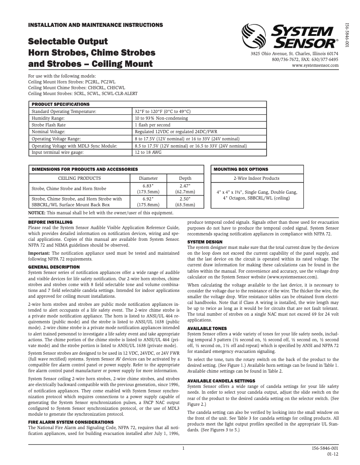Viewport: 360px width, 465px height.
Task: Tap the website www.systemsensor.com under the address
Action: click(x=315, y=65)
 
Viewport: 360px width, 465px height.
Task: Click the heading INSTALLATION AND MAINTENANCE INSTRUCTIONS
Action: click(x=96, y=24)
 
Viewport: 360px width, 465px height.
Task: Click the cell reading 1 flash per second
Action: click(x=152, y=125)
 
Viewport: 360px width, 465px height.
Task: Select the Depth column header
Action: click(x=185, y=178)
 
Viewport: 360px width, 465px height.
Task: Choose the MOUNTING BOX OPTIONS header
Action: click(x=241, y=169)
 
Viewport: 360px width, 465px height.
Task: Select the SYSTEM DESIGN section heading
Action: click(x=205, y=242)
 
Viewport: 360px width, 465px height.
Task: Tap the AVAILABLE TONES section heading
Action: click(x=207, y=329)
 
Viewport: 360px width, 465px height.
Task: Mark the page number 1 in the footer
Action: click(x=183, y=448)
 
